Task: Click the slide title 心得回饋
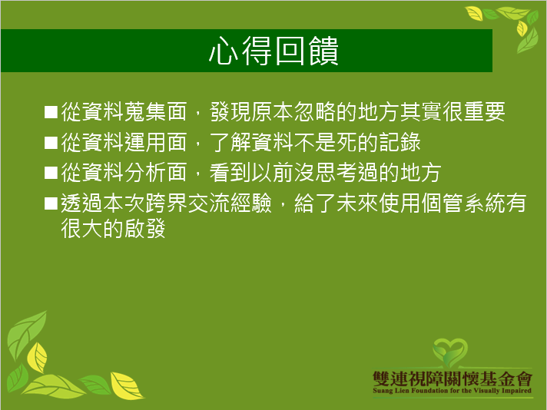click(273, 51)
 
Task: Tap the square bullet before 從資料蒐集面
click(51, 112)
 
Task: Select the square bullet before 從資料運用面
click(51, 143)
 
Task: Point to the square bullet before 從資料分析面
click(51, 173)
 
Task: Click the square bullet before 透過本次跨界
click(51, 203)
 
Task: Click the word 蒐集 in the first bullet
click(144, 112)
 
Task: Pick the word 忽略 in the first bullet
click(315, 112)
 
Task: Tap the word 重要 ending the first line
click(484, 112)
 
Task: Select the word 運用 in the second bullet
click(144, 143)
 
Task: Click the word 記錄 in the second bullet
click(399, 143)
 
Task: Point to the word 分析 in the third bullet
click(144, 173)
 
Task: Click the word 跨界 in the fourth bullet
click(166, 203)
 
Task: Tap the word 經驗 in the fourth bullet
click(250, 203)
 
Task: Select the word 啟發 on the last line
click(144, 228)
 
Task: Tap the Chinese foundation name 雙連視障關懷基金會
click(453, 379)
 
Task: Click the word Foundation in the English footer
click(429, 391)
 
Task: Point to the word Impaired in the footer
click(516, 391)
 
